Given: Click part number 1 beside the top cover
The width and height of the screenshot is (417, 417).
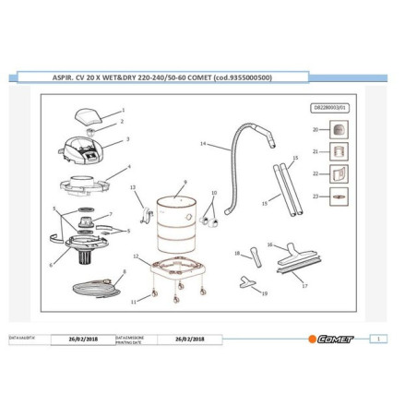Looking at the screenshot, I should coord(123,110).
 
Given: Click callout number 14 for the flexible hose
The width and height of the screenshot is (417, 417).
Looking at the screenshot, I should coord(202,144).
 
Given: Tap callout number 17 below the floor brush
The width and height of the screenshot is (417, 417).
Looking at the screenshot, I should coord(305,286).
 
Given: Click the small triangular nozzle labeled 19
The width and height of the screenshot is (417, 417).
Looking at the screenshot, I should coord(247,280).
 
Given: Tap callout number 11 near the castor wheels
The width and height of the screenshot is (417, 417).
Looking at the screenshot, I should coord(133,302).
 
